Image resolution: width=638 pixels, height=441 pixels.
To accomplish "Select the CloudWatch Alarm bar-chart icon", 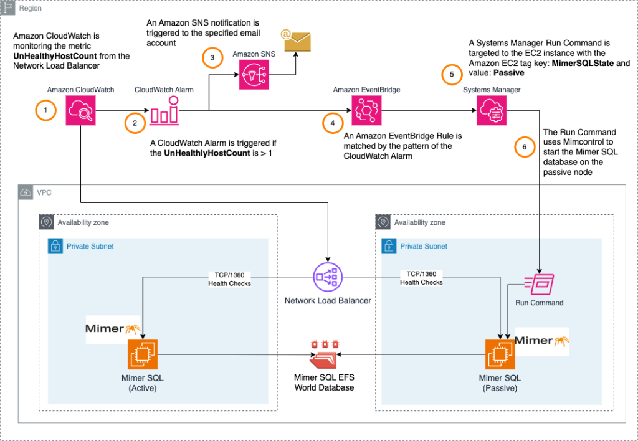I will pyautogui.click(x=164, y=113).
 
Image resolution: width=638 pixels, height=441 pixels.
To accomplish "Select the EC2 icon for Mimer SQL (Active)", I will pyautogui.click(x=143, y=354).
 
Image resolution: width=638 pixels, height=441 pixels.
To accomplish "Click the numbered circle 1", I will pyautogui.click(x=45, y=111).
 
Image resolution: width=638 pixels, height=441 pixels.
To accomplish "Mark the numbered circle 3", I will pyautogui.click(x=212, y=58).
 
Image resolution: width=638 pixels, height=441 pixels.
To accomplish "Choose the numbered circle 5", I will pyautogui.click(x=452, y=73).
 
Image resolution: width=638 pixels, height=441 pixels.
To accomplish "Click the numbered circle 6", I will pyautogui.click(x=525, y=147).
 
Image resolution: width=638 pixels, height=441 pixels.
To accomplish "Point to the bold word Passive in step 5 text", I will pyautogui.click(x=510, y=73).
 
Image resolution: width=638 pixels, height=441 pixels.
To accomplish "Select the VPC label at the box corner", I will pyautogui.click(x=44, y=192).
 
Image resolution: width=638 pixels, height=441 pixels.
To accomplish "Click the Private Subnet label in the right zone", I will pyautogui.click(x=423, y=246).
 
